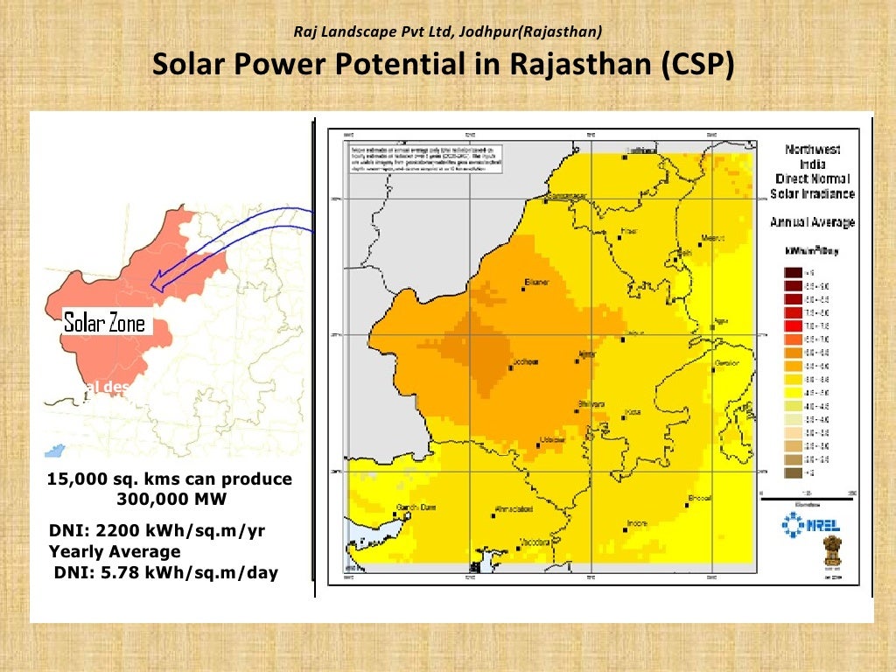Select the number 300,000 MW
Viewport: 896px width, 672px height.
pyautogui.click(x=170, y=499)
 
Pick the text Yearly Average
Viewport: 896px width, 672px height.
pyautogui.click(x=115, y=552)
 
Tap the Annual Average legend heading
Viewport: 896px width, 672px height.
pyautogui.click(x=812, y=222)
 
